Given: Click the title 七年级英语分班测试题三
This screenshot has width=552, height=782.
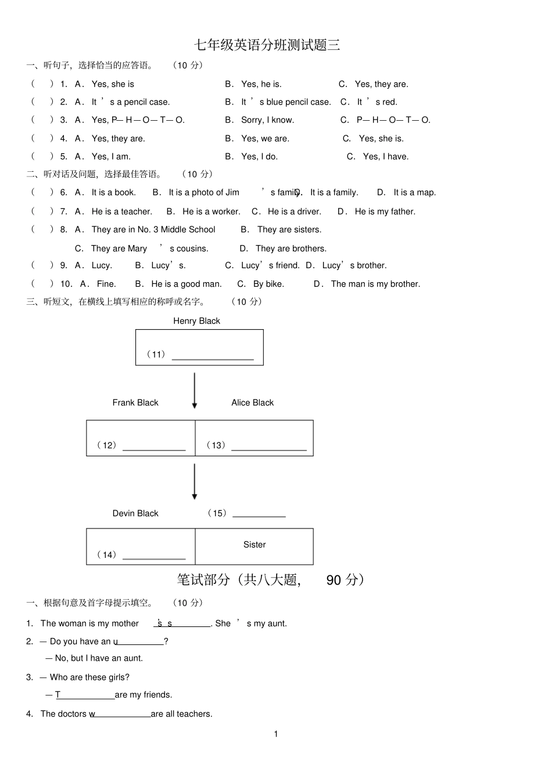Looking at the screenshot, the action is pyautogui.click(x=267, y=45).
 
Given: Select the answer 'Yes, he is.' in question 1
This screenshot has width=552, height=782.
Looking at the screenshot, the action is pyautogui.click(x=261, y=84).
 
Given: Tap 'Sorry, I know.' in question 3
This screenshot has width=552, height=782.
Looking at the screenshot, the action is pyautogui.click(x=268, y=120).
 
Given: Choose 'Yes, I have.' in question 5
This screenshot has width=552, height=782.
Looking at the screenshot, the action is pyautogui.click(x=386, y=156).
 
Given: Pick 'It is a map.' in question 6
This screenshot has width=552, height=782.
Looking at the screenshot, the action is pyautogui.click(x=415, y=192).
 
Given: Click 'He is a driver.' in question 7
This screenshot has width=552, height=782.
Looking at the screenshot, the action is pyautogui.click(x=295, y=211).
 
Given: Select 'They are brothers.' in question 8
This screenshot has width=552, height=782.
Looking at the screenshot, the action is pyautogui.click(x=291, y=248).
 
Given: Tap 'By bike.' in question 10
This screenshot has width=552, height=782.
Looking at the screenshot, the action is pyautogui.click(x=268, y=284).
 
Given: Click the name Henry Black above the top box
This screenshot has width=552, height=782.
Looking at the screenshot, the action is pyautogui.click(x=197, y=321).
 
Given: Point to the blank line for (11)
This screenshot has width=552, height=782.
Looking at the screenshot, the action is pyautogui.click(x=213, y=359).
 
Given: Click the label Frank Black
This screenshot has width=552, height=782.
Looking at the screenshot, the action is pyautogui.click(x=135, y=402).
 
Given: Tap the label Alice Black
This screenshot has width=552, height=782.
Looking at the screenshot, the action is pyautogui.click(x=253, y=402).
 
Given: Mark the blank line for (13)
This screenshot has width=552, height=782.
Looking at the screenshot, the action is pyautogui.click(x=269, y=450).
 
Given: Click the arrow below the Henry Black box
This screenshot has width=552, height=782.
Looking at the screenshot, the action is pyautogui.click(x=195, y=390).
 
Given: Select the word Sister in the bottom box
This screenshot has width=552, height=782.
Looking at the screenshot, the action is pyautogui.click(x=255, y=544).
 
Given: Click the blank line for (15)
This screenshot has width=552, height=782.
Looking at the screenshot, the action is pyautogui.click(x=259, y=516).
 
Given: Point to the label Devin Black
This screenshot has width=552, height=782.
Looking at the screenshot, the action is pyautogui.click(x=135, y=513).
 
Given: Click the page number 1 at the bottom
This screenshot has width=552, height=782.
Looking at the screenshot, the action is pyautogui.click(x=276, y=734).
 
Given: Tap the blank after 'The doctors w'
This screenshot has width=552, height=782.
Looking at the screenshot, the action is pyautogui.click(x=123, y=717).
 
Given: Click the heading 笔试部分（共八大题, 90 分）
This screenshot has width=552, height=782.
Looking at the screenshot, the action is pyautogui.click(x=271, y=580).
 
